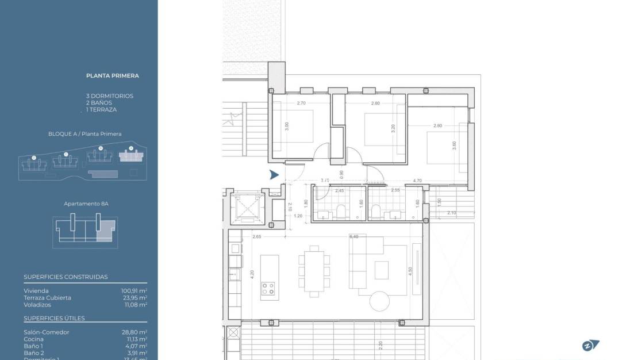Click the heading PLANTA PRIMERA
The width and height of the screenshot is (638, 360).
pos(112,75)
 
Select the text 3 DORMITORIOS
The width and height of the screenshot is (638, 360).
pos(109,96)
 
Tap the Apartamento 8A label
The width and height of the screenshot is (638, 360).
pos(86,204)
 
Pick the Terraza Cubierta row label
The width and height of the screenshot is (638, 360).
pos(47,298)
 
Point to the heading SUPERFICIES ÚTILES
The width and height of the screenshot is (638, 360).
pos(54,318)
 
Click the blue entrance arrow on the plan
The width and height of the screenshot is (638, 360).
pos(274,175)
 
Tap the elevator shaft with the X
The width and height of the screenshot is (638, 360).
pos(246,208)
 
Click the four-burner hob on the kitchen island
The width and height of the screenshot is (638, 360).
pos(268,289)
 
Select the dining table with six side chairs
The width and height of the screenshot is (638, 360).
pos(314,271)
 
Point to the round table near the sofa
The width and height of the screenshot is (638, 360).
pos(379,301)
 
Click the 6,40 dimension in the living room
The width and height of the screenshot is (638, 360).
pos(353,236)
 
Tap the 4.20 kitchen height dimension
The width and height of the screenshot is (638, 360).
pos(252,275)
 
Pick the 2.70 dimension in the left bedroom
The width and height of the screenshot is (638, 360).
pos(301,104)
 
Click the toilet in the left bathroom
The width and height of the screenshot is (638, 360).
pos(340,211)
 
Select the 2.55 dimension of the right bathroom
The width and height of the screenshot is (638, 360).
pos(395,190)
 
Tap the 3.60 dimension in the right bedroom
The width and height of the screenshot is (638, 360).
pos(454,146)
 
